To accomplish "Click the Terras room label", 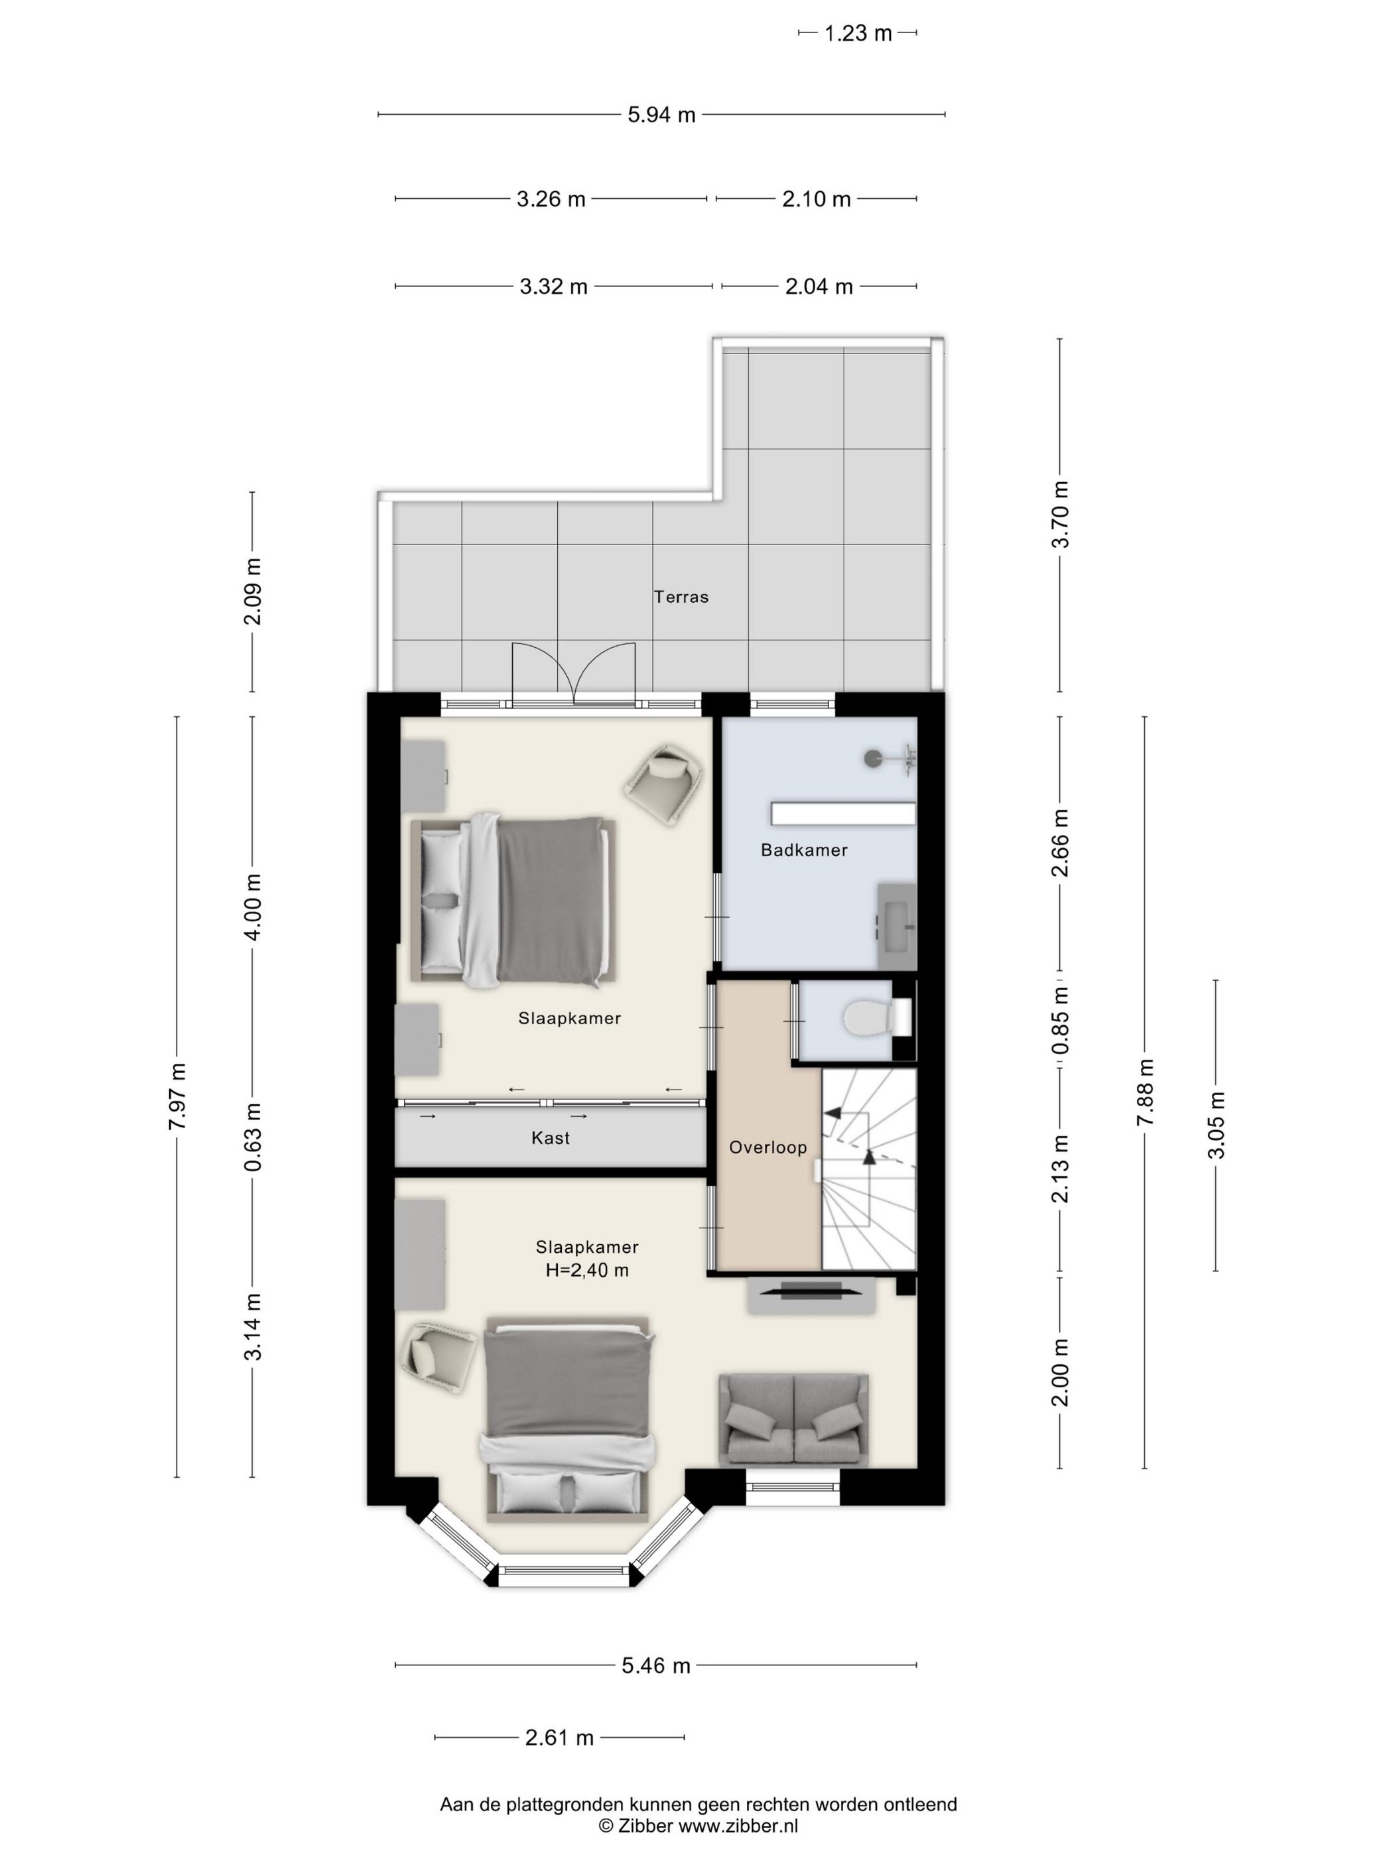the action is click(x=681, y=597).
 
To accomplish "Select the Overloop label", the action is click(x=767, y=1147).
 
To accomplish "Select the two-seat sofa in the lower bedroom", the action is click(x=793, y=1421).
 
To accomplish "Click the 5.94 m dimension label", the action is click(x=661, y=115).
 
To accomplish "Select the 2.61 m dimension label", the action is click(x=559, y=1738).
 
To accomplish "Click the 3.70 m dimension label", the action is click(x=1061, y=515).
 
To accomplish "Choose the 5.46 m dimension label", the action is click(x=656, y=1665).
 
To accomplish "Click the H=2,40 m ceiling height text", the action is click(x=587, y=1270).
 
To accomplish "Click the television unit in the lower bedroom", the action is click(x=812, y=1295).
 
